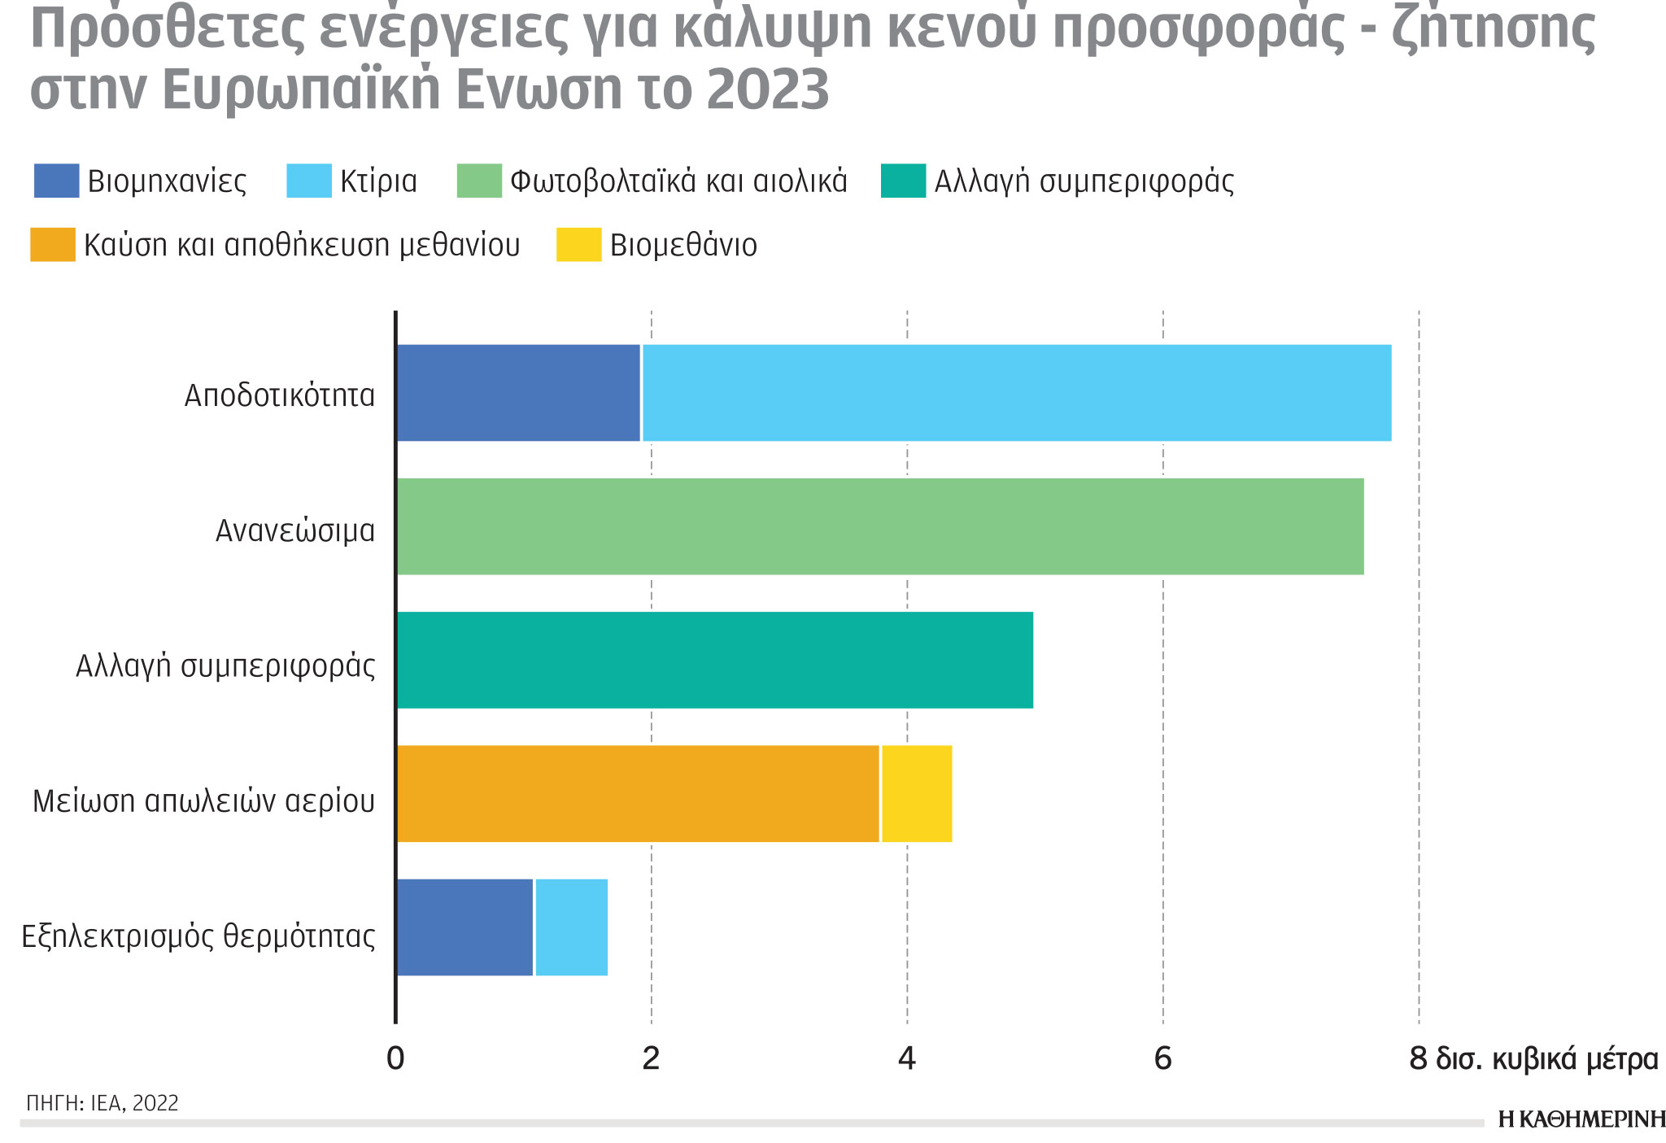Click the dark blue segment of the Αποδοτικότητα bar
point(518,393)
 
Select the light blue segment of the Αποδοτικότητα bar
point(1016,393)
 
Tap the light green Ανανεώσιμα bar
point(879,527)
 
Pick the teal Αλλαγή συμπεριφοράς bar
point(714,660)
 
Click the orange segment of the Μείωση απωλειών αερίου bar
point(638,794)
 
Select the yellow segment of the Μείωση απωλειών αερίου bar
point(917,794)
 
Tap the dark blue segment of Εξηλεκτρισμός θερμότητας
point(464,927)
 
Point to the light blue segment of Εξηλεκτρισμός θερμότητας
point(571,927)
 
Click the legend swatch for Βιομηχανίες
point(56,181)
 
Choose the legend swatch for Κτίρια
point(309,181)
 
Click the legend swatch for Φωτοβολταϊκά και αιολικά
point(479,181)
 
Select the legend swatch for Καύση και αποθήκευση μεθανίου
point(52,245)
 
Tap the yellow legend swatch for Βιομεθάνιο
point(578,245)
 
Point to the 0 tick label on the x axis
point(395,1059)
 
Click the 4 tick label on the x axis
point(906,1059)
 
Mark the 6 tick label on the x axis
point(1162,1059)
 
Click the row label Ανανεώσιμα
point(295,531)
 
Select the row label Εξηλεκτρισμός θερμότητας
point(198,936)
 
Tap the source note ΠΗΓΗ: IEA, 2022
point(102,1103)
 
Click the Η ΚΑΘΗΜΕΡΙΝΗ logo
point(1581,1120)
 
